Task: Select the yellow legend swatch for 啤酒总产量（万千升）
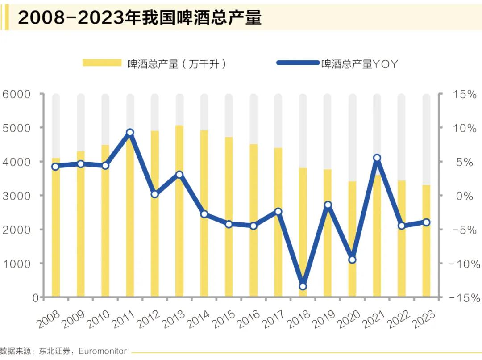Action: coord(102,63)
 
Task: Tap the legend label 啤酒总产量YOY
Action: coord(359,64)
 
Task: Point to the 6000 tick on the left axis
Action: coord(17,94)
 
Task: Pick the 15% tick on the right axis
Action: coord(465,94)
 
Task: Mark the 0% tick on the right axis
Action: coord(465,196)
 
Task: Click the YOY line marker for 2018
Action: coord(303,286)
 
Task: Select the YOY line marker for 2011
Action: coord(130,133)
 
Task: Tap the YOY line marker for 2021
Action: coord(377,158)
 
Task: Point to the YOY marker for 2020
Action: coord(352,260)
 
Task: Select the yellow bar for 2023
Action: coord(426,241)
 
